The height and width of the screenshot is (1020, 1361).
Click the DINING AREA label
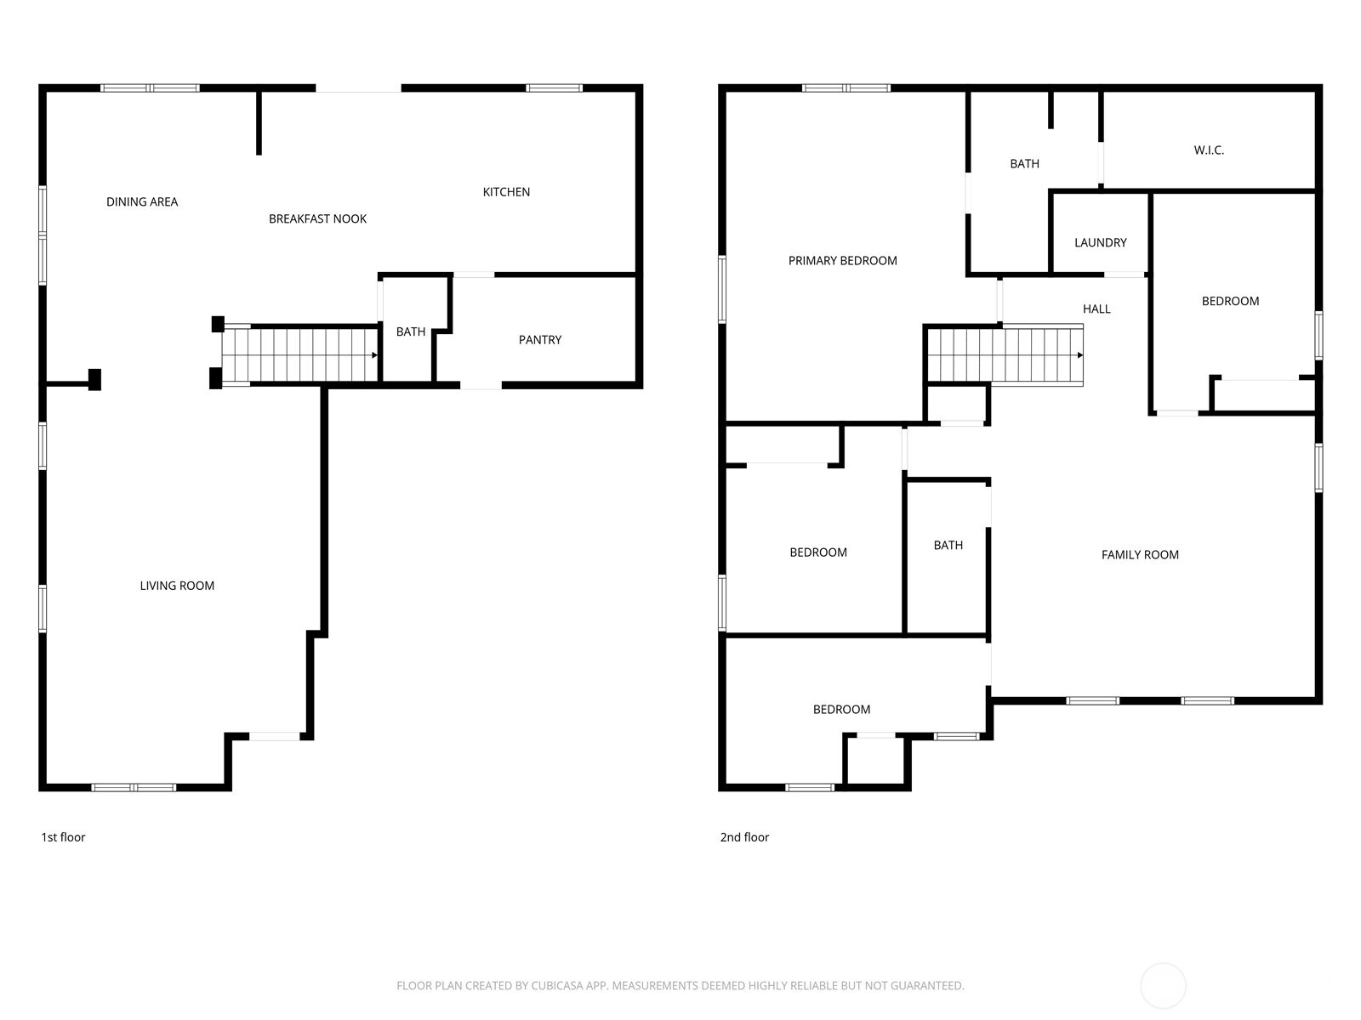pos(142,202)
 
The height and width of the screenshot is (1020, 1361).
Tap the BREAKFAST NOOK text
pos(317,219)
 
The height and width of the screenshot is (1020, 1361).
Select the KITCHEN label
pos(506,192)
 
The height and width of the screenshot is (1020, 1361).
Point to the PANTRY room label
pos(540,340)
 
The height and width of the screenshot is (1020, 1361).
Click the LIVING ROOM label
pos(177,586)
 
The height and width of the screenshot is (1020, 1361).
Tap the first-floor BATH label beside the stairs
pos(411,332)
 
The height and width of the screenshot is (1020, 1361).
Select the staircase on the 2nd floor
pos(1004,355)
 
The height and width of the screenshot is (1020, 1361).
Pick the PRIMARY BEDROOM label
pos(842,261)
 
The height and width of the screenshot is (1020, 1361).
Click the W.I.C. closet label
pos(1209,150)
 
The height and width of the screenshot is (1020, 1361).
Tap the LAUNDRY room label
pos(1100,243)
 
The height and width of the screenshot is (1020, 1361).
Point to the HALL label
pos(1096,309)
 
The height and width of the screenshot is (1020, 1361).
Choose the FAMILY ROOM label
pos(1140,555)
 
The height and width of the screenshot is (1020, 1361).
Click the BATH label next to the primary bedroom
pos(1024,164)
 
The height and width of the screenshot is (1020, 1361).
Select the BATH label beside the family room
pos(948,546)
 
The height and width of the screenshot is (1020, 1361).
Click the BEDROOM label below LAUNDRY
pos(1230,301)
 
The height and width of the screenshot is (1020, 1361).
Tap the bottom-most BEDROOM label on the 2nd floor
pos(841,710)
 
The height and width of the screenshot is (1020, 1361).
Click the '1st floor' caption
pos(63,837)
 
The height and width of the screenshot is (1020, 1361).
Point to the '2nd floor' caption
pos(744,837)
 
